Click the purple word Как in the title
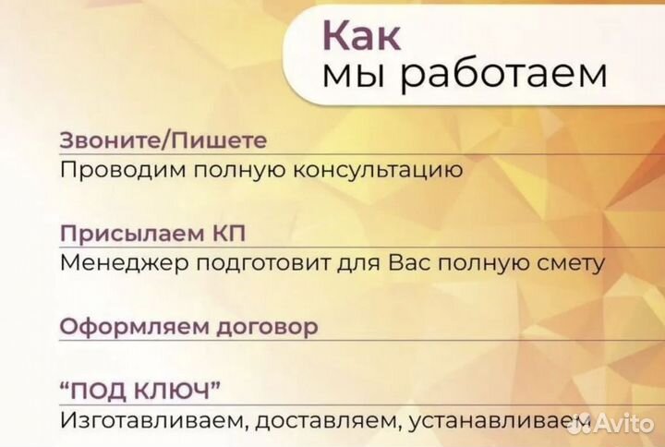361,35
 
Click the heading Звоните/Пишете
163,141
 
